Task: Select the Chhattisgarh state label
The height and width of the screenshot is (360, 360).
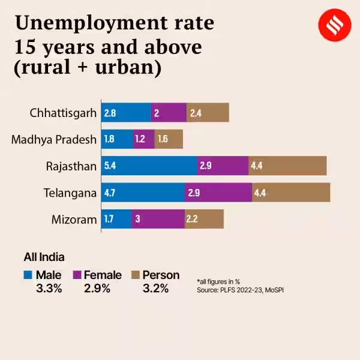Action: click(x=63, y=112)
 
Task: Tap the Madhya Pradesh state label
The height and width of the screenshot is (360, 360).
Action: click(x=54, y=139)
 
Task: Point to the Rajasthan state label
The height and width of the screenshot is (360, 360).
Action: click(x=71, y=166)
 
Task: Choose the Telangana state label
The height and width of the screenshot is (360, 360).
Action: click(x=70, y=193)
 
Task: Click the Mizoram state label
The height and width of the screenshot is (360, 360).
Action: click(x=74, y=219)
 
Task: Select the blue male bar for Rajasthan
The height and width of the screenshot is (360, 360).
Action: click(x=149, y=166)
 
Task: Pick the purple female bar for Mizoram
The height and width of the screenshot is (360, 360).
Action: click(x=158, y=219)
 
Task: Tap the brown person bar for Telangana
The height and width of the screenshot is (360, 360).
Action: click(x=291, y=193)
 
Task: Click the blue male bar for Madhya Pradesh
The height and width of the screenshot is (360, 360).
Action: click(x=117, y=139)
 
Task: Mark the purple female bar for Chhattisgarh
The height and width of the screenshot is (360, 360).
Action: click(x=169, y=112)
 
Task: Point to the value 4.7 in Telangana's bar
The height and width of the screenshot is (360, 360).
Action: click(x=110, y=193)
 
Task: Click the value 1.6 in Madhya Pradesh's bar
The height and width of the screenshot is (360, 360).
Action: click(x=163, y=139)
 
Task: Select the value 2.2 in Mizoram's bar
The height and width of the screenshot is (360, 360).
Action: click(x=192, y=219)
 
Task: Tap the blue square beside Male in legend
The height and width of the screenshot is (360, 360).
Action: click(x=28, y=275)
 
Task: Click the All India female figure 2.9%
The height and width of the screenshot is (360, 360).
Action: click(x=97, y=288)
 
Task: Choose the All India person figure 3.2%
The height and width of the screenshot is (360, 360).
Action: click(x=155, y=288)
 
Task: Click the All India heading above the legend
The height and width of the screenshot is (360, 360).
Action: click(x=44, y=257)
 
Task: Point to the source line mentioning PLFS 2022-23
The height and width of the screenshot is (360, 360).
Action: click(x=239, y=290)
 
